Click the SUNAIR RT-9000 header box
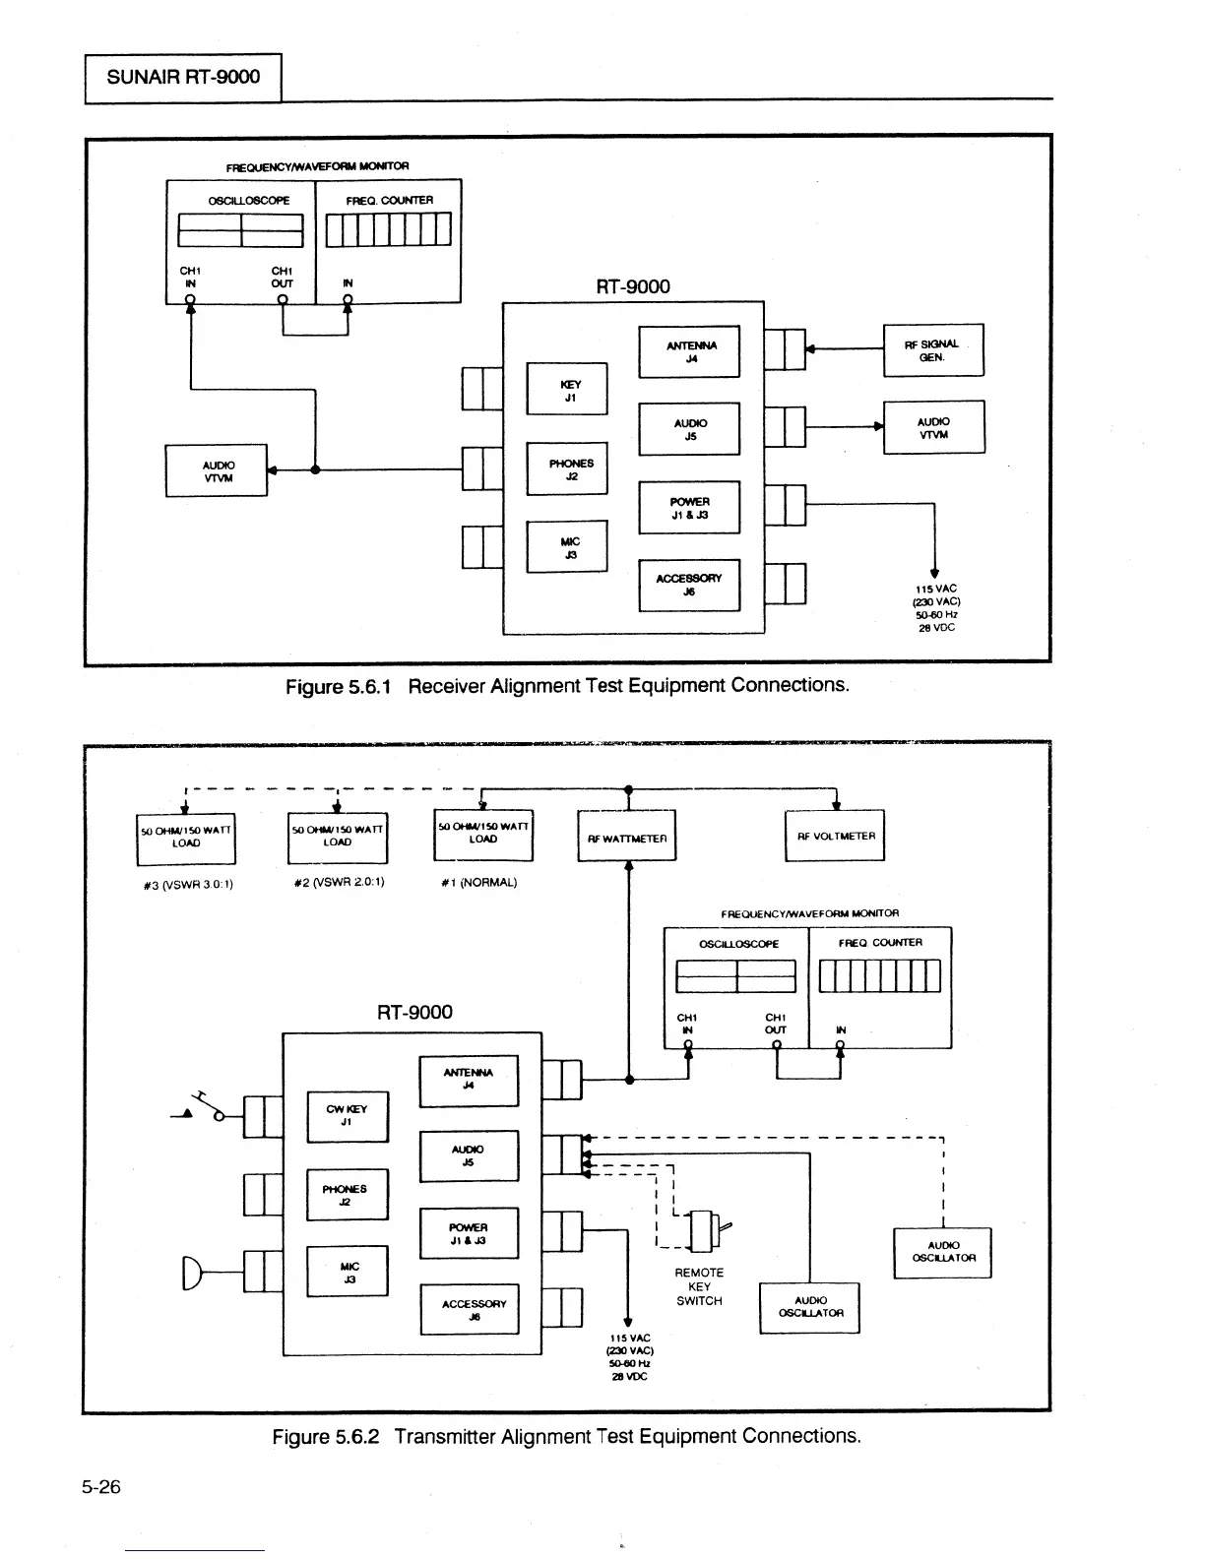[x=183, y=78]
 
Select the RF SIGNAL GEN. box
[x=933, y=350]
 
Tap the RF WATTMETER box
[x=626, y=836]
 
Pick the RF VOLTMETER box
[x=835, y=836]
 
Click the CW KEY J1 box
[x=348, y=1117]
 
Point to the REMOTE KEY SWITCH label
[x=699, y=1286]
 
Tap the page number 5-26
[x=101, y=1486]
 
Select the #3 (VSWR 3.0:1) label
[x=188, y=885]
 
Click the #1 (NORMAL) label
[x=478, y=883]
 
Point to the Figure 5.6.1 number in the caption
[x=338, y=687]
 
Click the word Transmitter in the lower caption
[x=445, y=1436]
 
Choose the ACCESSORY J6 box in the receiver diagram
[x=689, y=586]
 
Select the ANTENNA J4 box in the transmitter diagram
[x=469, y=1081]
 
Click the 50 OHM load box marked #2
[x=338, y=838]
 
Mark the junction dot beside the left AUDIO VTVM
[x=315, y=469]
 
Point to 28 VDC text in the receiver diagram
[x=936, y=628]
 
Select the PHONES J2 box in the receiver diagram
[x=567, y=469]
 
